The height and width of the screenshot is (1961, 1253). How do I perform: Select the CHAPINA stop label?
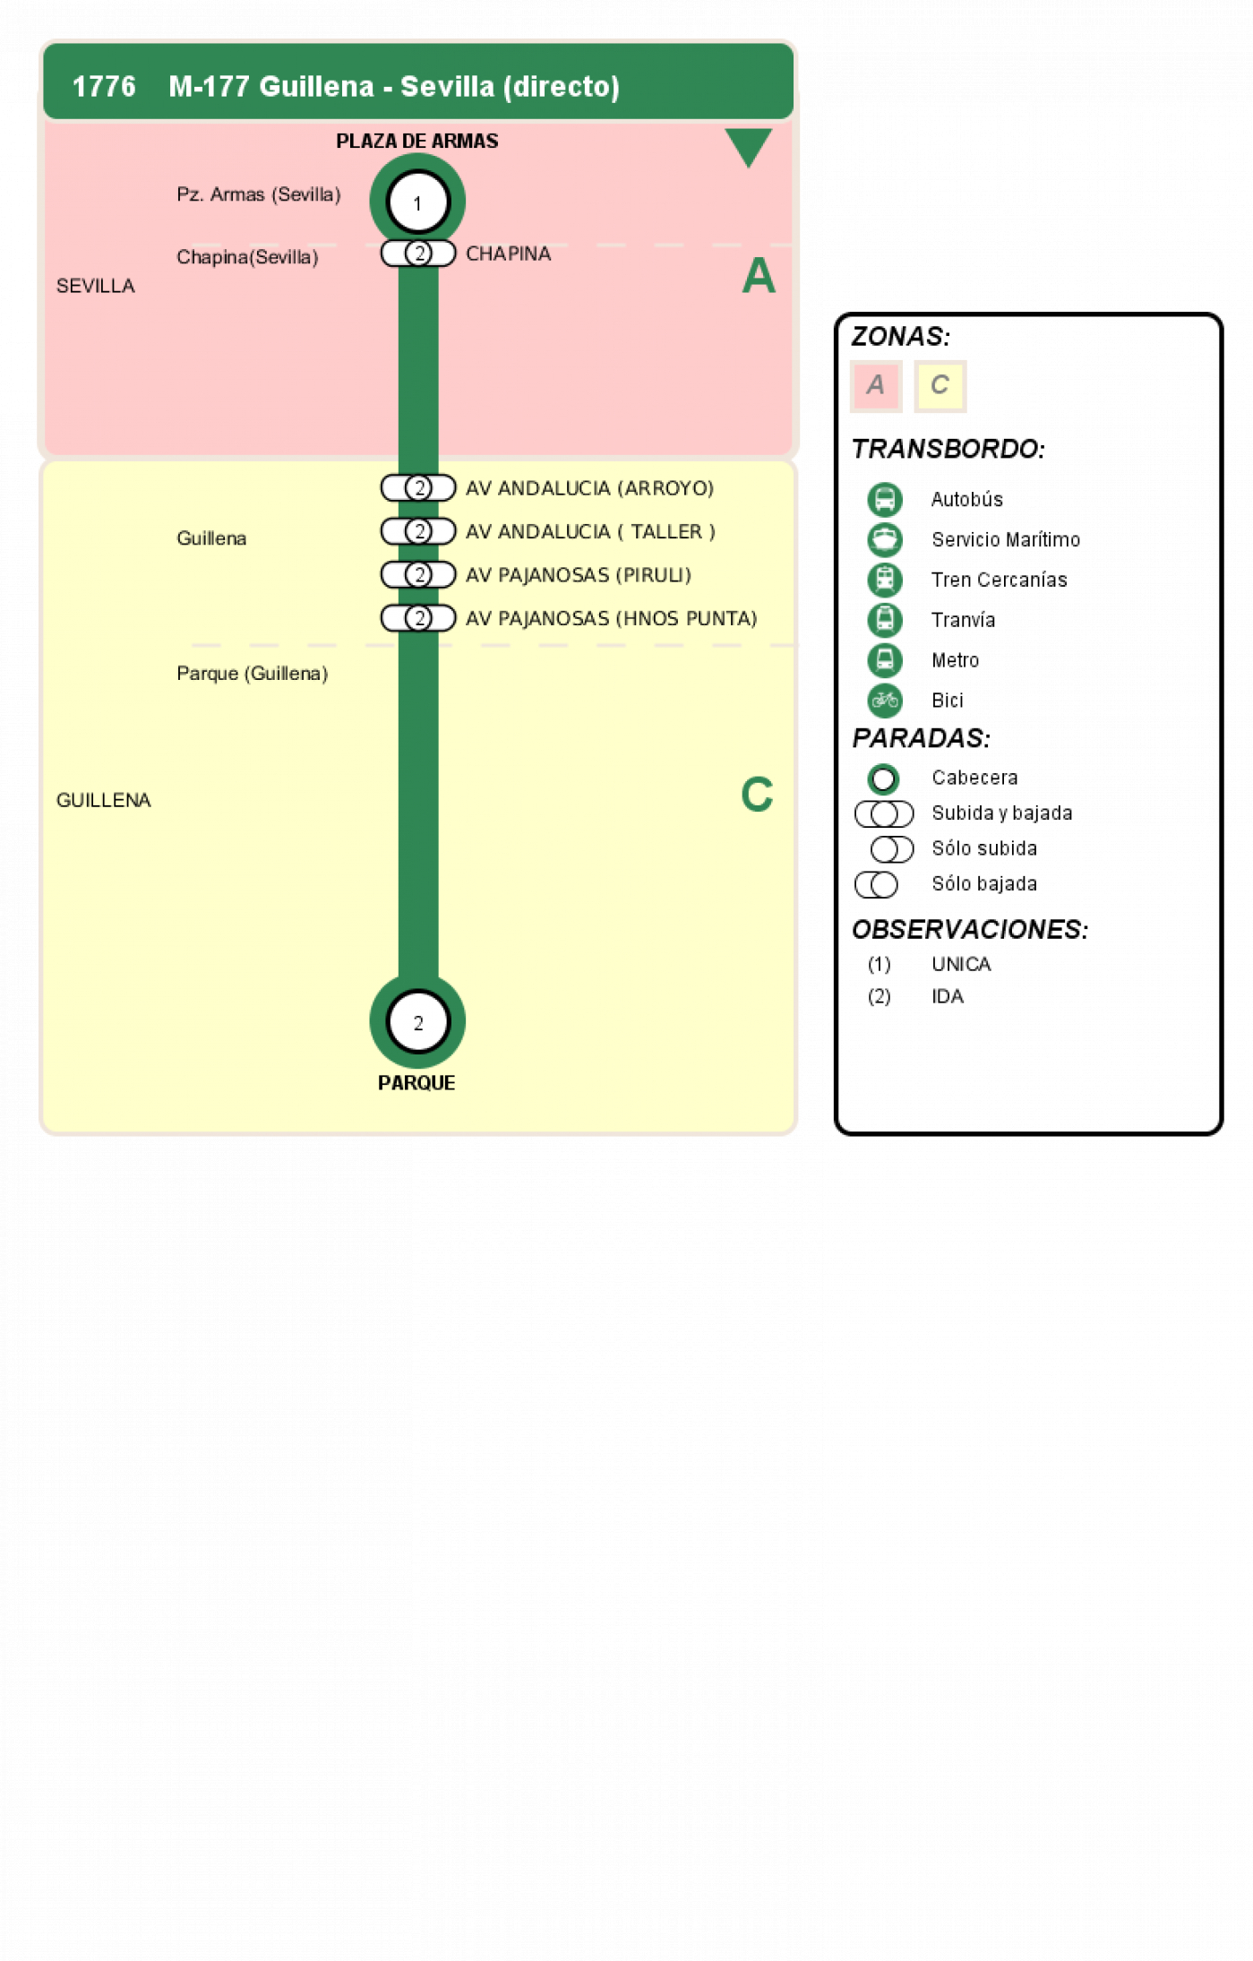(508, 254)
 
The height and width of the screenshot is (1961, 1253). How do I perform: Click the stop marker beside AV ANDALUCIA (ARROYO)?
(418, 487)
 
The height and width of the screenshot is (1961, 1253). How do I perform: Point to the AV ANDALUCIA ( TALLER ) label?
(590, 531)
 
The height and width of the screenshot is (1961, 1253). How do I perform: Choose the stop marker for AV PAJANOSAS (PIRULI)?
(418, 574)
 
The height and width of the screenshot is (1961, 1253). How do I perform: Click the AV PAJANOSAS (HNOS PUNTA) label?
(611, 618)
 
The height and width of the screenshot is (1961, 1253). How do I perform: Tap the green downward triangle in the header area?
(748, 146)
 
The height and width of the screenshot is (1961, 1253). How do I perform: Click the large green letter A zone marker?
(758, 275)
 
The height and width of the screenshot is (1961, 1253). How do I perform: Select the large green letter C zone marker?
(757, 795)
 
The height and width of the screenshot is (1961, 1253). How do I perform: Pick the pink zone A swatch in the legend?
(875, 386)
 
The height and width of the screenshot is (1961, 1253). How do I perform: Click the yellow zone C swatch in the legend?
(940, 386)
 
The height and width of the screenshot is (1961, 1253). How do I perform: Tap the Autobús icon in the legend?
(885, 499)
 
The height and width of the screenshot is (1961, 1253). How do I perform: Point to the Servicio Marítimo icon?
(885, 539)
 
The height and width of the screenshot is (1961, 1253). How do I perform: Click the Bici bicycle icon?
(885, 701)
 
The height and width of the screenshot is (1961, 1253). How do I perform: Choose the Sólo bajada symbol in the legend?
(876, 884)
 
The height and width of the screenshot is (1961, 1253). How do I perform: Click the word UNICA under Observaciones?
(961, 964)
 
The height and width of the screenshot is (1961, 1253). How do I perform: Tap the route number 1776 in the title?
(104, 86)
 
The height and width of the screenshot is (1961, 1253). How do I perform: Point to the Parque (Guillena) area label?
(252, 673)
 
